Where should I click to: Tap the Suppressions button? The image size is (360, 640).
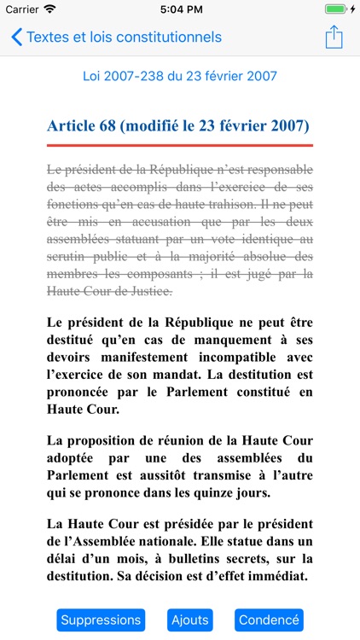(x=101, y=620)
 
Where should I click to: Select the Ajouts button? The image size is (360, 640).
(x=189, y=620)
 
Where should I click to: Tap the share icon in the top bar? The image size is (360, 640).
(x=334, y=38)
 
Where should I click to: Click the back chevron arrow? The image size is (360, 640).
(x=16, y=38)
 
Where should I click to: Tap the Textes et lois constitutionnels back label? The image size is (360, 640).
(x=124, y=38)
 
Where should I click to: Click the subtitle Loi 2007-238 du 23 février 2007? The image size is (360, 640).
(x=180, y=76)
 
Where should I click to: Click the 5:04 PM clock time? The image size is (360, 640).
(x=180, y=9)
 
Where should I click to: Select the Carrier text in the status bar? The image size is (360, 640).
(x=22, y=9)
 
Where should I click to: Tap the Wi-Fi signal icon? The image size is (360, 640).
(x=49, y=9)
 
